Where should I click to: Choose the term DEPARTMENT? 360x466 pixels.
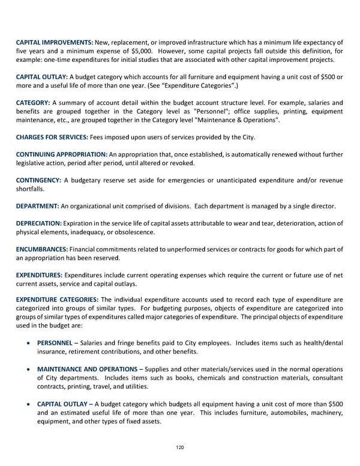pyautogui.click(x=37, y=207)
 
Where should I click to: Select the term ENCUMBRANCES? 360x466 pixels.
pyautogui.click(x=42, y=249)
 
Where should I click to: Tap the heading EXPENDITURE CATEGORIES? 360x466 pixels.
pyautogui.click(x=58, y=298)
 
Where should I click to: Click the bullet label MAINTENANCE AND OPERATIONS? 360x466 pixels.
pyautogui.click(x=87, y=369)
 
